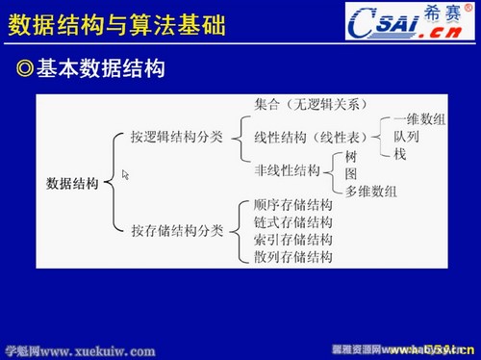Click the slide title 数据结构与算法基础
pyautogui.click(x=116, y=24)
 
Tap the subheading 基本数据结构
pyautogui.click(x=99, y=69)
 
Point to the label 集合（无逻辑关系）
pyautogui.click(x=311, y=104)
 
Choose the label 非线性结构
pyautogui.click(x=287, y=170)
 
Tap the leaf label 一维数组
pyautogui.click(x=419, y=120)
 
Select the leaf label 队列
pyautogui.click(x=406, y=137)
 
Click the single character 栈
pyautogui.click(x=400, y=152)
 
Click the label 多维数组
pyautogui.click(x=371, y=191)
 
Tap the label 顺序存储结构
pyautogui.click(x=293, y=205)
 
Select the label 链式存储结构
pyautogui.click(x=293, y=222)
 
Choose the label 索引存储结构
pyautogui.click(x=293, y=240)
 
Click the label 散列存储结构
pyautogui.click(x=293, y=256)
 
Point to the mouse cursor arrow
pyautogui.click(x=125, y=175)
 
